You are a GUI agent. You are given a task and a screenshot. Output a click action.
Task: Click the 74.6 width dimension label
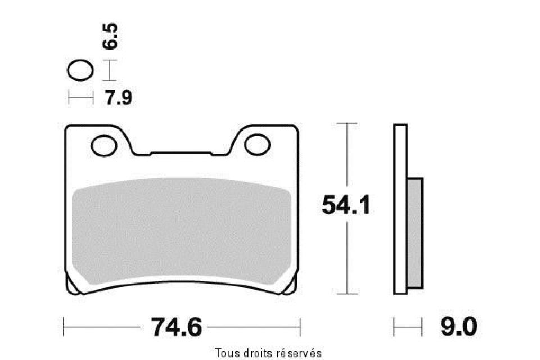(x=176, y=327)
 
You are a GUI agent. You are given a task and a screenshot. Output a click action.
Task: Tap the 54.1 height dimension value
(x=346, y=205)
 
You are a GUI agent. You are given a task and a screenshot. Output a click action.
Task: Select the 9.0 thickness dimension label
(x=459, y=327)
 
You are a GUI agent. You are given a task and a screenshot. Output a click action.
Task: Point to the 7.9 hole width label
(x=119, y=97)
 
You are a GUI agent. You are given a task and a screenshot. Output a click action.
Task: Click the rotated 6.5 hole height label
(x=110, y=36)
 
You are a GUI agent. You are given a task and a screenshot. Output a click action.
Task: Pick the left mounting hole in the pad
(x=104, y=145)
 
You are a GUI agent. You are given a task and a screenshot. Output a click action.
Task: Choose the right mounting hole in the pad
(x=257, y=145)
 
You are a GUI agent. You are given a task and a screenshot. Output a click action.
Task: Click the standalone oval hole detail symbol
(x=80, y=70)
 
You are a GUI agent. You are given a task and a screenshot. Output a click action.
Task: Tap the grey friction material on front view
(x=182, y=230)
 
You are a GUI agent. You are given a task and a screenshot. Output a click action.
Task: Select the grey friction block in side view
(x=415, y=233)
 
